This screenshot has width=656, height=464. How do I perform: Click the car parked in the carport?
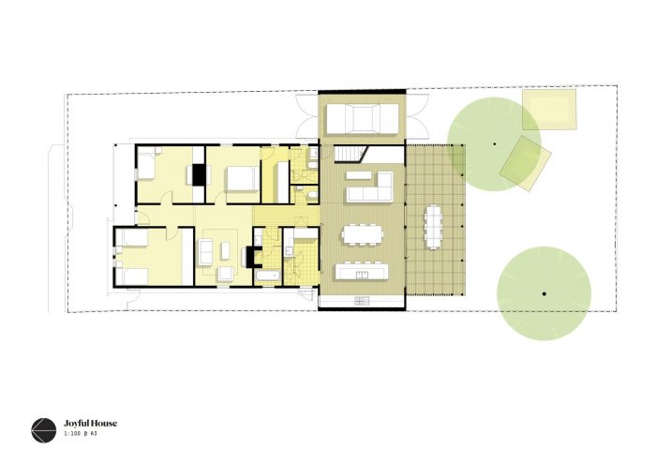(x=363, y=119)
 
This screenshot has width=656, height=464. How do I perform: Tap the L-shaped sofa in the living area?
(x=369, y=187)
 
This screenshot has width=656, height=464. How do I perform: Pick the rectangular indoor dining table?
(x=363, y=234)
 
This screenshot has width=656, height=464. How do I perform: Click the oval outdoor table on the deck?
(x=433, y=226)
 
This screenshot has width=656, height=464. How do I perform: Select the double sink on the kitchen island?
(x=362, y=275)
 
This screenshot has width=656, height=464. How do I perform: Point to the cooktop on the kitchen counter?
(x=362, y=300)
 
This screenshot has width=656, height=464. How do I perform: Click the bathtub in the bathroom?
(x=267, y=276)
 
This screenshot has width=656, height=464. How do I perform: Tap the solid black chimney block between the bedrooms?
(x=199, y=174)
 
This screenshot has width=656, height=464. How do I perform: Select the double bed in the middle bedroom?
(x=243, y=179)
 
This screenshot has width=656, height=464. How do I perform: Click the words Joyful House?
(x=90, y=424)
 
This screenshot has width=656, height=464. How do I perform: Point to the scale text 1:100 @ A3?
(x=81, y=434)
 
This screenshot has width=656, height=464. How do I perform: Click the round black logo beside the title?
(x=43, y=430)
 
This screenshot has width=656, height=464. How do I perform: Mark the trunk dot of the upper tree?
(x=495, y=144)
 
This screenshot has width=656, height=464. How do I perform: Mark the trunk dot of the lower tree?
(x=544, y=293)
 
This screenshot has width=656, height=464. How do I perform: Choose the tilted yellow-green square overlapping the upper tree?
(x=525, y=164)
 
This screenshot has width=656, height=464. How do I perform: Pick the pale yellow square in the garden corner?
(x=549, y=109)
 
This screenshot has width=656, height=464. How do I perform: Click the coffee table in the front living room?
(x=225, y=250)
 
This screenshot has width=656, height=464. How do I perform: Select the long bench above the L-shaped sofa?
(x=359, y=175)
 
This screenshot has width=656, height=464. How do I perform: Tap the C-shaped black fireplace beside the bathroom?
(x=250, y=257)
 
